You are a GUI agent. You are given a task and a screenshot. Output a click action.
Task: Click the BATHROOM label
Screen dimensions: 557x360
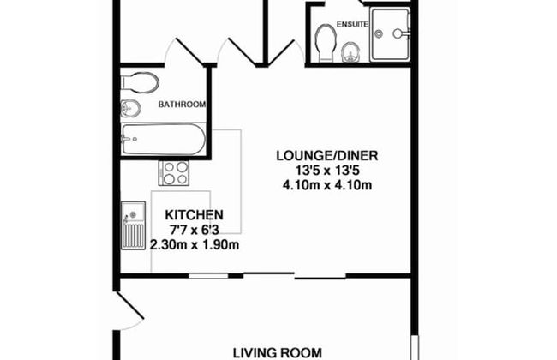[182, 105]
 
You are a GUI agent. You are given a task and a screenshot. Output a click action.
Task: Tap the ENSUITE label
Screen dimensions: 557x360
[352, 25]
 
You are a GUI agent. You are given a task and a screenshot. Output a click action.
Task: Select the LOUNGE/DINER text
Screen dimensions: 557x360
[327, 156]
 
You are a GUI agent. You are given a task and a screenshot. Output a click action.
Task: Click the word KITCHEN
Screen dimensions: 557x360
[194, 215]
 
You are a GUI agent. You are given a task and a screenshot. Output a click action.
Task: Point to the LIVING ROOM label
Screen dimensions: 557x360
[278, 353]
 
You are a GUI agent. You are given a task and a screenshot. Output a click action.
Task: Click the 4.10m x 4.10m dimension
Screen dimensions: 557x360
[327, 185]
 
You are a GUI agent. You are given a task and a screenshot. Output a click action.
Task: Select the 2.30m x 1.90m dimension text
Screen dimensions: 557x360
[195, 245]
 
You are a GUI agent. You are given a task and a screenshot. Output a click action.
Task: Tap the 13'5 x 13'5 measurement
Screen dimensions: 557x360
[327, 171]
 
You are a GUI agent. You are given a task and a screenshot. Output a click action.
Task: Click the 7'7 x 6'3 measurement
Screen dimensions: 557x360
[194, 231]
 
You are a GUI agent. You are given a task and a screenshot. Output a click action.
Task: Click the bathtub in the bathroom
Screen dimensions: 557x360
[164, 139]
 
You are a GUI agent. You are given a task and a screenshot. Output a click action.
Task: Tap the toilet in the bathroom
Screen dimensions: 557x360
[140, 83]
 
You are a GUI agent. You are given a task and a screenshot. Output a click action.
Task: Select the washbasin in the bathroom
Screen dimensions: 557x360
[130, 108]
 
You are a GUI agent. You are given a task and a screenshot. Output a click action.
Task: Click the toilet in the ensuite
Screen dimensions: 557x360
[326, 43]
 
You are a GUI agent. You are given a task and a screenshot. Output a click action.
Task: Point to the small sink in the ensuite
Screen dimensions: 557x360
[350, 53]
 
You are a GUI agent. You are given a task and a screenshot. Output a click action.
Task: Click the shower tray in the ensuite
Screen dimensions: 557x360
[390, 34]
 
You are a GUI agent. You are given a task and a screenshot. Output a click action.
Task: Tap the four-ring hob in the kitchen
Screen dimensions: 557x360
[174, 173]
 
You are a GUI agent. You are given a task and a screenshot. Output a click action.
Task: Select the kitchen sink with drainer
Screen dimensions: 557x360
[133, 225]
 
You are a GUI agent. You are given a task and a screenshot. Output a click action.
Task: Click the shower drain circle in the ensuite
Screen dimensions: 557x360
[379, 34]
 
